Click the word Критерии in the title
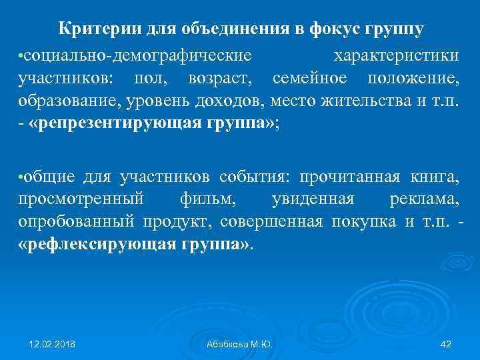click(x=94, y=29)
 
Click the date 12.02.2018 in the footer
click(x=52, y=344)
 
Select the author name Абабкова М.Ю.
click(x=240, y=344)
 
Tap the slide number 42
click(x=446, y=344)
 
